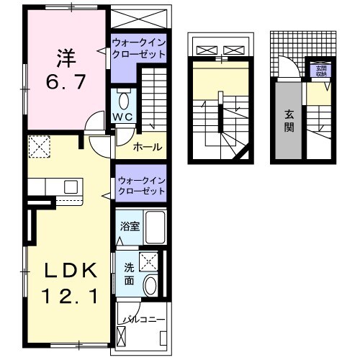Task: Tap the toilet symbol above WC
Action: [123, 99]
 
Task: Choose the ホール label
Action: [147, 147]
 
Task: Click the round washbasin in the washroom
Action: [150, 284]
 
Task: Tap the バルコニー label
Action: [143, 318]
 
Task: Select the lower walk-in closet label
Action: [140, 184]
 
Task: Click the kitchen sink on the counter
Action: [71, 186]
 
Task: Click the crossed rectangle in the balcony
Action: [120, 336]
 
